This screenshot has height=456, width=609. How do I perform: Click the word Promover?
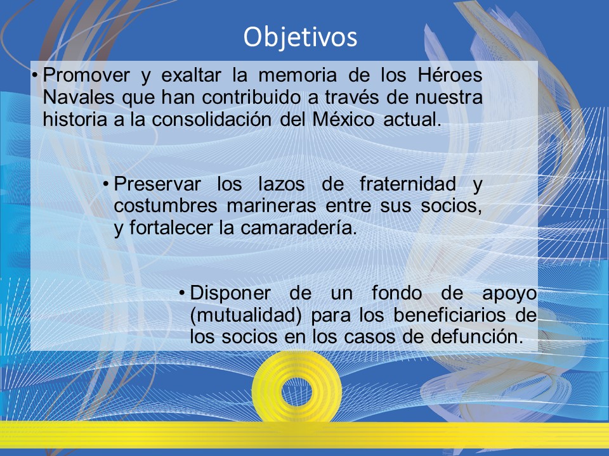pyautogui.click(x=86, y=75)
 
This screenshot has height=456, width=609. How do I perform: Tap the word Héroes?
pyautogui.click(x=450, y=75)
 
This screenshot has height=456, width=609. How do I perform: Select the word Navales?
pyautogui.click(x=79, y=97)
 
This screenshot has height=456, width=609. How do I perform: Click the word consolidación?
pyautogui.click(x=212, y=119)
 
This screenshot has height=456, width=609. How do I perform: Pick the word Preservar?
pyautogui.click(x=157, y=184)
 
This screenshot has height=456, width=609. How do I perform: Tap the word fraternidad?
pyautogui.click(x=408, y=184)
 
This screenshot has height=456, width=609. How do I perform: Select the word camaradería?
pyautogui.click(x=299, y=227)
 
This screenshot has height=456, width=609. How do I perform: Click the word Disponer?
pyautogui.click(x=230, y=293)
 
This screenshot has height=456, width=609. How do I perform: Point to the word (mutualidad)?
pyautogui.click(x=246, y=315)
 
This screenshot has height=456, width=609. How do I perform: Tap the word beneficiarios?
pyautogui.click(x=449, y=315)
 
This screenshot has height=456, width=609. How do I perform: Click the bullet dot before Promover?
pyautogui.click(x=35, y=75)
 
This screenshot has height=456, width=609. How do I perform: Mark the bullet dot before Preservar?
pyautogui.click(x=106, y=184)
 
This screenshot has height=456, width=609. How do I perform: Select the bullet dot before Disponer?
pyautogui.click(x=182, y=293)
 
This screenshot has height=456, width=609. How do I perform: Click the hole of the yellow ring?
pyautogui.click(x=297, y=391)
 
